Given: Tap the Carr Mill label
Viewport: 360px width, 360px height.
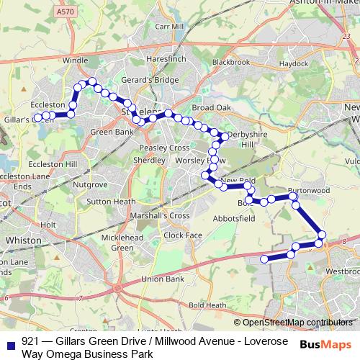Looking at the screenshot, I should coord(170,27).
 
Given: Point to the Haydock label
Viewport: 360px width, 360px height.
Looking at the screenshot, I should coord(294,64).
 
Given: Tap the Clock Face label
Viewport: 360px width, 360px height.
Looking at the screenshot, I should coord(183,235).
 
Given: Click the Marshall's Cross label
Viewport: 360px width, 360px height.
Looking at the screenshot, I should coord(160,215).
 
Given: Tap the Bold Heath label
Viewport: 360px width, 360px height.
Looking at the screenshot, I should coord(207,305).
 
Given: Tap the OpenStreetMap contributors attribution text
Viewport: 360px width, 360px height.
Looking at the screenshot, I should coord(297,323).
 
